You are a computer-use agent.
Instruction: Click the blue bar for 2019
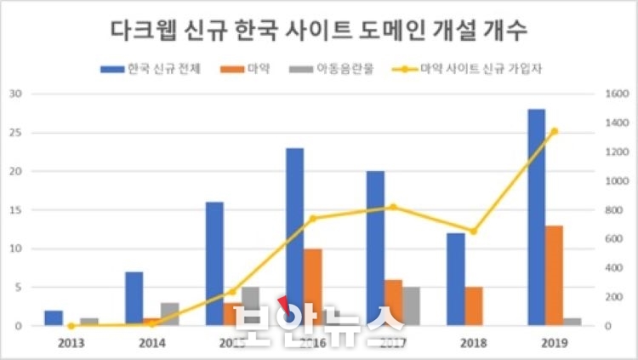click(x=536, y=217)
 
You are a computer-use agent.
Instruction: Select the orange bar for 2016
click(x=312, y=287)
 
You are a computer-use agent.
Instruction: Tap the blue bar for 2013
click(x=54, y=318)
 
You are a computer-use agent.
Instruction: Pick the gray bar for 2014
click(x=169, y=314)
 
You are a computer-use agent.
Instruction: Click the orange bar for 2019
click(x=553, y=275)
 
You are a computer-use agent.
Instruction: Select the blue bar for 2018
click(x=456, y=279)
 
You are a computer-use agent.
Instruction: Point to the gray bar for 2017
click(x=411, y=306)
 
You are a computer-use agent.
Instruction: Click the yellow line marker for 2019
click(x=554, y=131)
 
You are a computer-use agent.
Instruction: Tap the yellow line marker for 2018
click(x=474, y=231)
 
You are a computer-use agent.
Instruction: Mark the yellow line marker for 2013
click(x=71, y=326)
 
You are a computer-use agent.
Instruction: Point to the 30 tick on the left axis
click(x=15, y=94)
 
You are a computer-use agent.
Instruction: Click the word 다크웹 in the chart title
click(x=148, y=31)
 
